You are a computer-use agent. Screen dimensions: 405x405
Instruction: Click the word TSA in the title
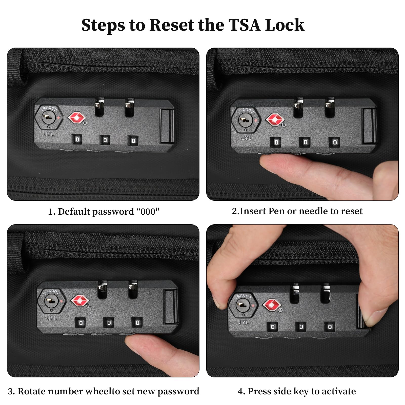tap(245, 25)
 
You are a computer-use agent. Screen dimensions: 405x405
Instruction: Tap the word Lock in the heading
tap(285, 25)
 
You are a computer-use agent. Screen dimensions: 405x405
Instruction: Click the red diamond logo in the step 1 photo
tap(77, 118)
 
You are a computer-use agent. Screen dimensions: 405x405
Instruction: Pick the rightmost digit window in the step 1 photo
tap(133, 140)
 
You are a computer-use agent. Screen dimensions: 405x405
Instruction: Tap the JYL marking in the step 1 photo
tap(49, 134)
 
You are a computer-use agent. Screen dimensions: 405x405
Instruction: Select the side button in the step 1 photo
tap(167, 126)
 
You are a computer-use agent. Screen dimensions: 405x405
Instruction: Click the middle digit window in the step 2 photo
tap(305, 142)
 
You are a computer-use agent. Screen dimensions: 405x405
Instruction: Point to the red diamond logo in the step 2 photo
tap(275, 120)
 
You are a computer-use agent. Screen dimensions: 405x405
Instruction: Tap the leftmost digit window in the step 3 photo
tap(81, 323)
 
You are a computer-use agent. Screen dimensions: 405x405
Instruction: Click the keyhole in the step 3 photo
tap(51, 301)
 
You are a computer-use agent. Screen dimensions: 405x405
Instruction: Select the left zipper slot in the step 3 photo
tap(102, 289)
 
